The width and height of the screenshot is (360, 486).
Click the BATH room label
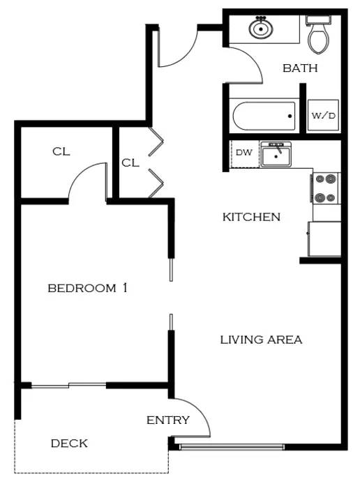coord(300,68)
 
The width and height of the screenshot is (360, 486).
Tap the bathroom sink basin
coord(261,28)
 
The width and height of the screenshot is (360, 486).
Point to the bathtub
coord(264,116)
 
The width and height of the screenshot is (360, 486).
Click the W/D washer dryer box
coord(323,115)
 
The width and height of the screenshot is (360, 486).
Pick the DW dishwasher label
coord(244,153)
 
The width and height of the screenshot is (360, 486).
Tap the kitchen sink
coord(276,154)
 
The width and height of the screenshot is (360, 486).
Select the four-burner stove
coord(326,188)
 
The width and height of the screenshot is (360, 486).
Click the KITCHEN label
coord(251,217)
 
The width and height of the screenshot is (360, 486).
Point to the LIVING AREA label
coord(261,340)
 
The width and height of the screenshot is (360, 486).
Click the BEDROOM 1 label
coord(87,288)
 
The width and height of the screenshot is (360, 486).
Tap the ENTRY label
coord(167,420)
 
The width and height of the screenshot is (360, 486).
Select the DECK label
coord(69,443)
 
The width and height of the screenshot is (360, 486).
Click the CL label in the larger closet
coord(61,151)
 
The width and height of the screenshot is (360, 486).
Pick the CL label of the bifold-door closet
coord(130,162)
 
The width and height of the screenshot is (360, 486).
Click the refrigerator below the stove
coord(324,239)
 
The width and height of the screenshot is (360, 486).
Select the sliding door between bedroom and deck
coord(68,386)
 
